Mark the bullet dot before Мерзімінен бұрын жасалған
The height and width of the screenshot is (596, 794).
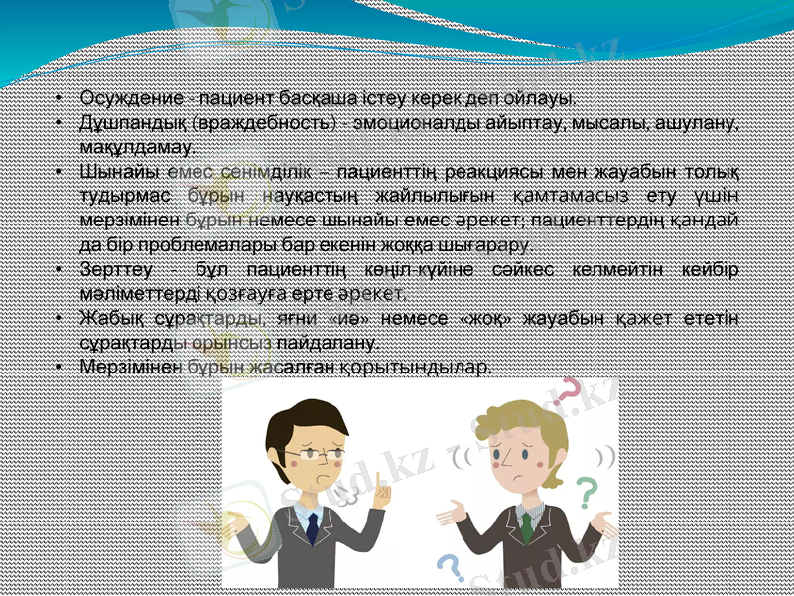click(61, 367)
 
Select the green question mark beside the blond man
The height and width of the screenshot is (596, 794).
click(588, 492)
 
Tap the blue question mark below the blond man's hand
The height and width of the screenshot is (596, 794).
click(451, 567)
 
